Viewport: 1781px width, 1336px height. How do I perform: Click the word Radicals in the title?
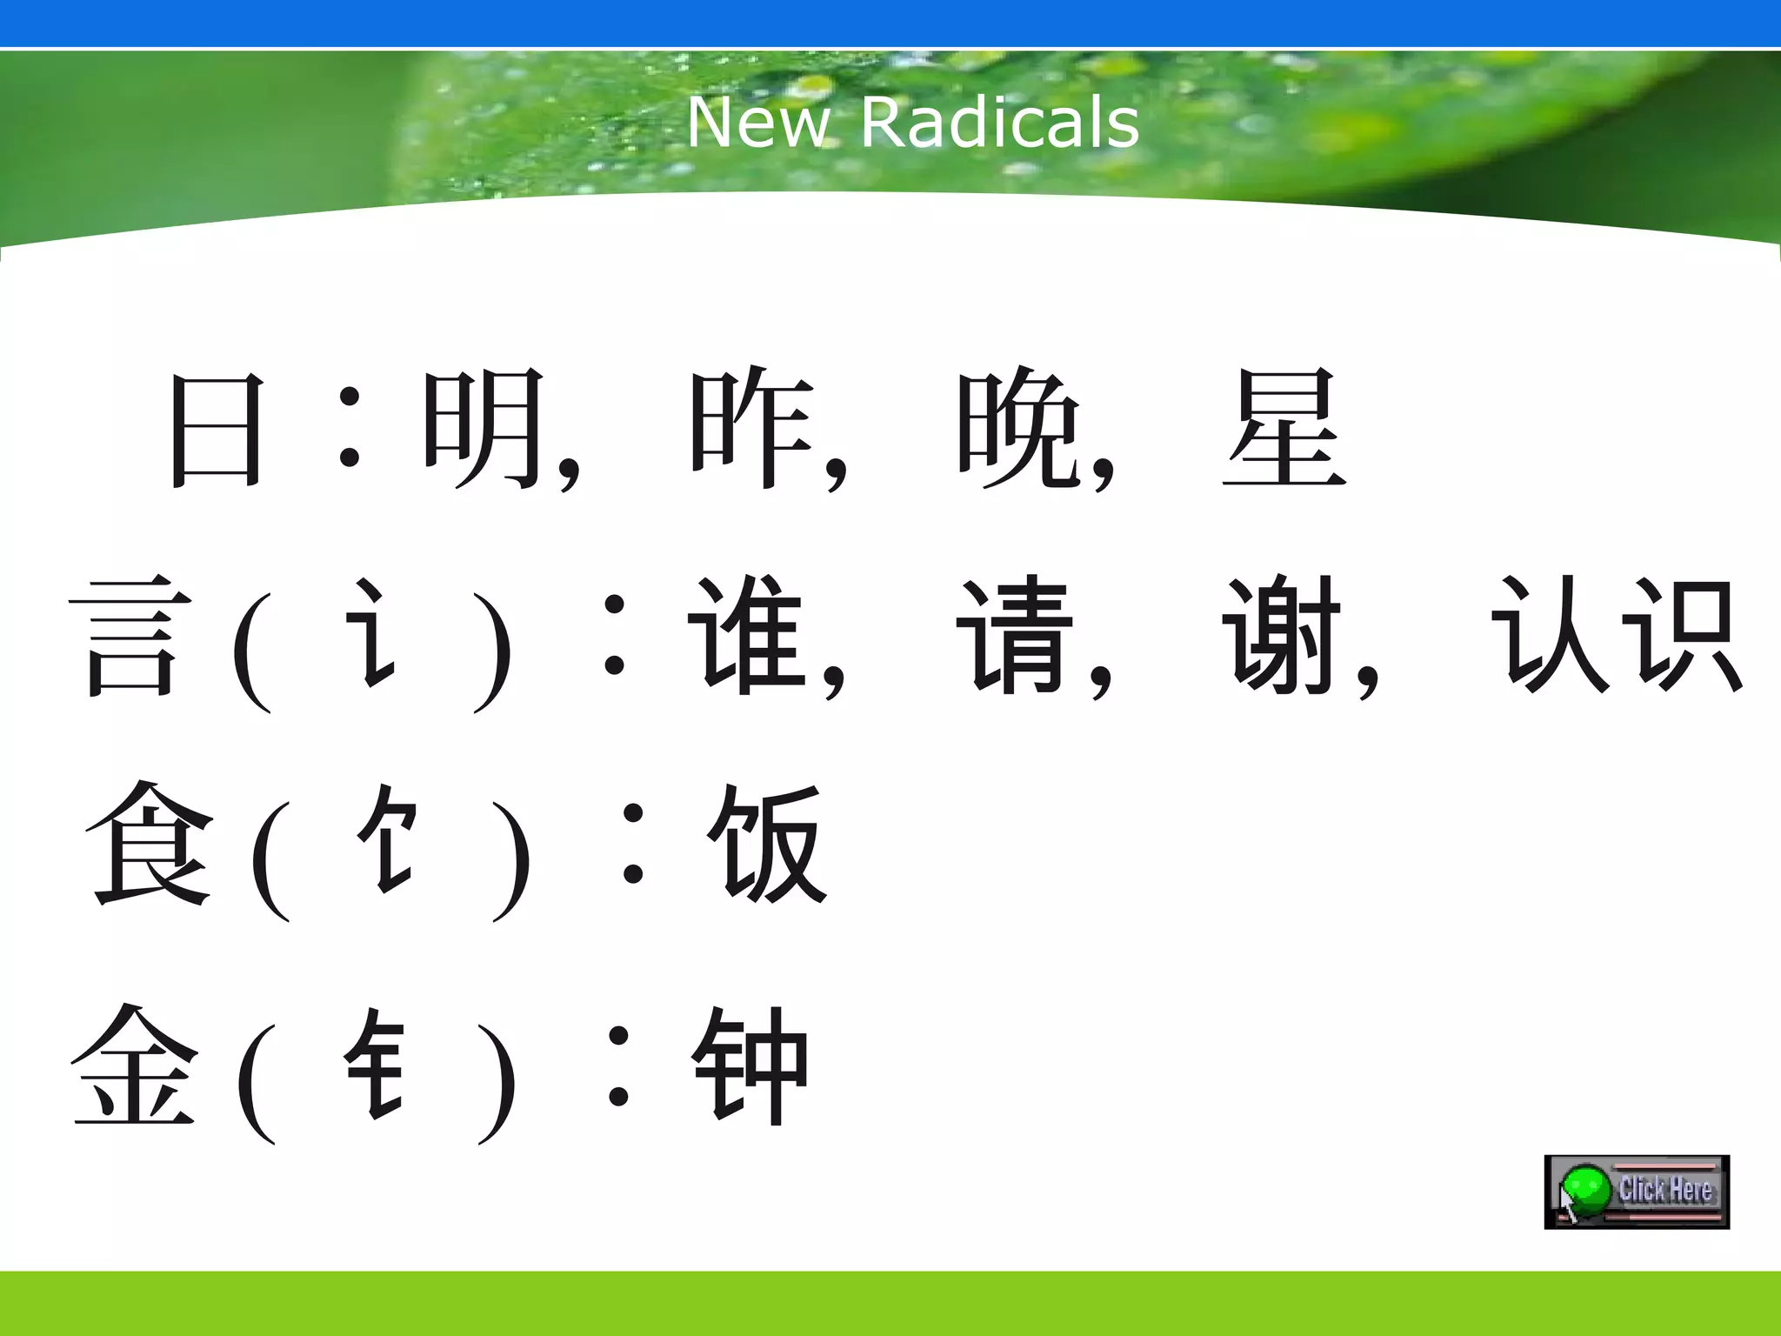click(1000, 123)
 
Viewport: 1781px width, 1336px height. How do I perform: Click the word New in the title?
click(758, 123)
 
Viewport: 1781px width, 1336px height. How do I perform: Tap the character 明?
click(484, 430)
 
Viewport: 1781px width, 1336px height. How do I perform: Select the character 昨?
click(751, 430)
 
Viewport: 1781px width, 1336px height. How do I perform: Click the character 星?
click(1284, 428)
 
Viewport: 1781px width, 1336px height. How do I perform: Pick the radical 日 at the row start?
click(216, 430)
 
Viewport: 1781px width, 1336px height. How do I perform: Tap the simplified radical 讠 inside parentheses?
click(372, 633)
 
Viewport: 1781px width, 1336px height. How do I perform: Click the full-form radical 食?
click(150, 844)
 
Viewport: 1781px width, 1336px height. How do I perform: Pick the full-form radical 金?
click(134, 1065)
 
